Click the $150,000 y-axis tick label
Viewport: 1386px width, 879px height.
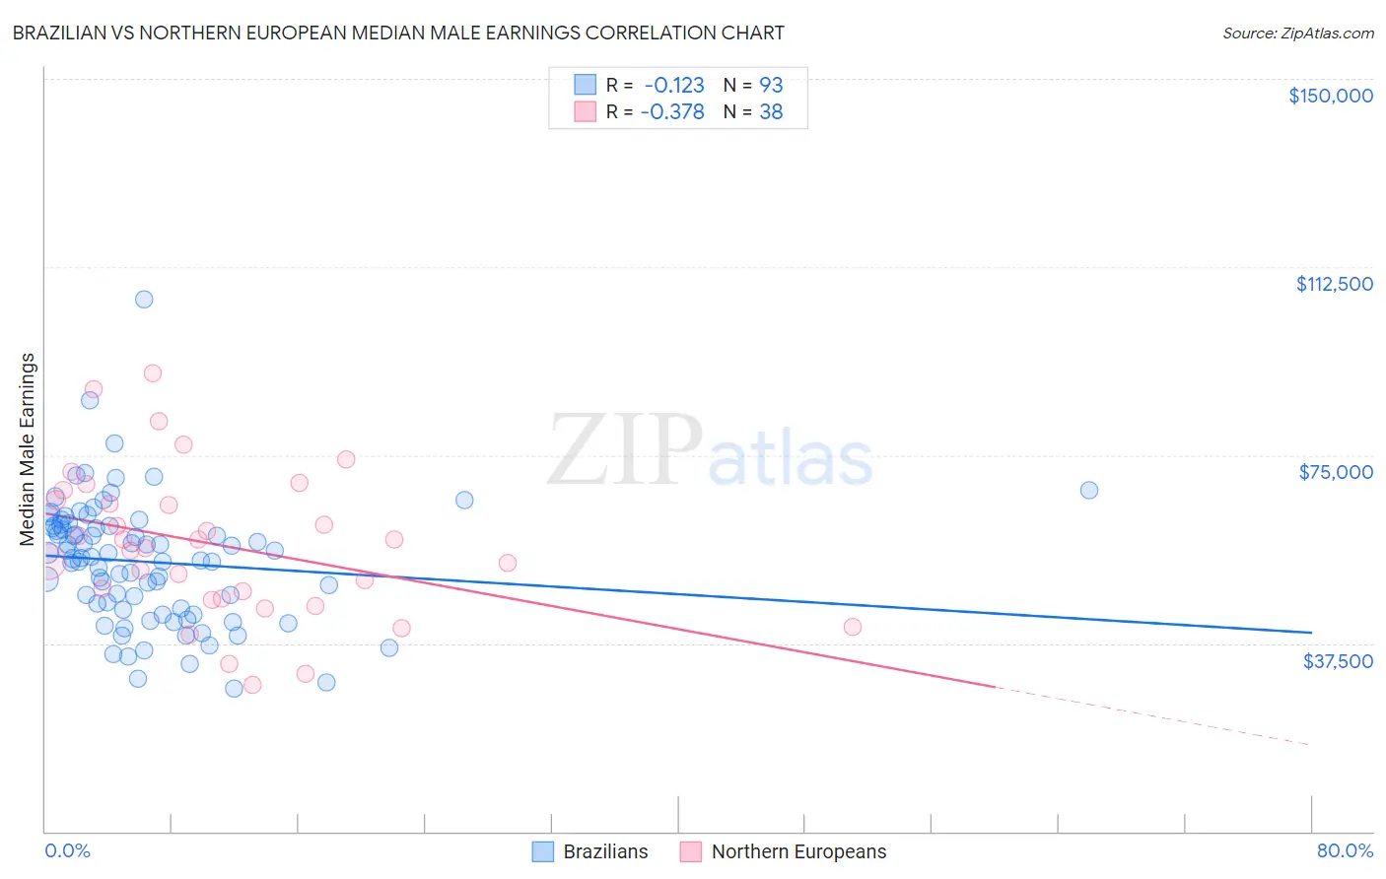click(x=1330, y=96)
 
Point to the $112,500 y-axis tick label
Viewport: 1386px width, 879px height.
click(x=1334, y=284)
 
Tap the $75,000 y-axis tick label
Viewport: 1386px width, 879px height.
click(x=1336, y=472)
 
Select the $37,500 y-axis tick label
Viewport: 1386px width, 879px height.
click(x=1338, y=661)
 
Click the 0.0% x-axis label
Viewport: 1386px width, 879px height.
click(x=67, y=850)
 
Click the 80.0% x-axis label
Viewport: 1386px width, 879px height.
click(x=1345, y=850)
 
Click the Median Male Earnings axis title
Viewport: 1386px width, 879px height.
click(x=28, y=449)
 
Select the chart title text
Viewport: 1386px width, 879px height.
click(x=398, y=33)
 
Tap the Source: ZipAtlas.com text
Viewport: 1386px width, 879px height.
click(x=1297, y=33)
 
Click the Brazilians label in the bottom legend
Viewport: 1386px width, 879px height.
click(x=605, y=851)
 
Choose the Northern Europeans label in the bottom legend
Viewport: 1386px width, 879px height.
click(x=798, y=851)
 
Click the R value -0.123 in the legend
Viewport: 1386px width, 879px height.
click(x=672, y=85)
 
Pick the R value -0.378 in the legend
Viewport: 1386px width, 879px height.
click(x=672, y=111)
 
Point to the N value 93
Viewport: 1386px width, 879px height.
click(x=771, y=85)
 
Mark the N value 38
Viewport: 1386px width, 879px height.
click(x=771, y=111)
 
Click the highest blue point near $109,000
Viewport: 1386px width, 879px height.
click(x=144, y=299)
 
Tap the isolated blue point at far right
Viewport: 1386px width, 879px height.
click(x=1089, y=490)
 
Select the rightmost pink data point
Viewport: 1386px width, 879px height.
click(x=853, y=627)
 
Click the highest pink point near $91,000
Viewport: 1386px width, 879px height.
click(x=153, y=372)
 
